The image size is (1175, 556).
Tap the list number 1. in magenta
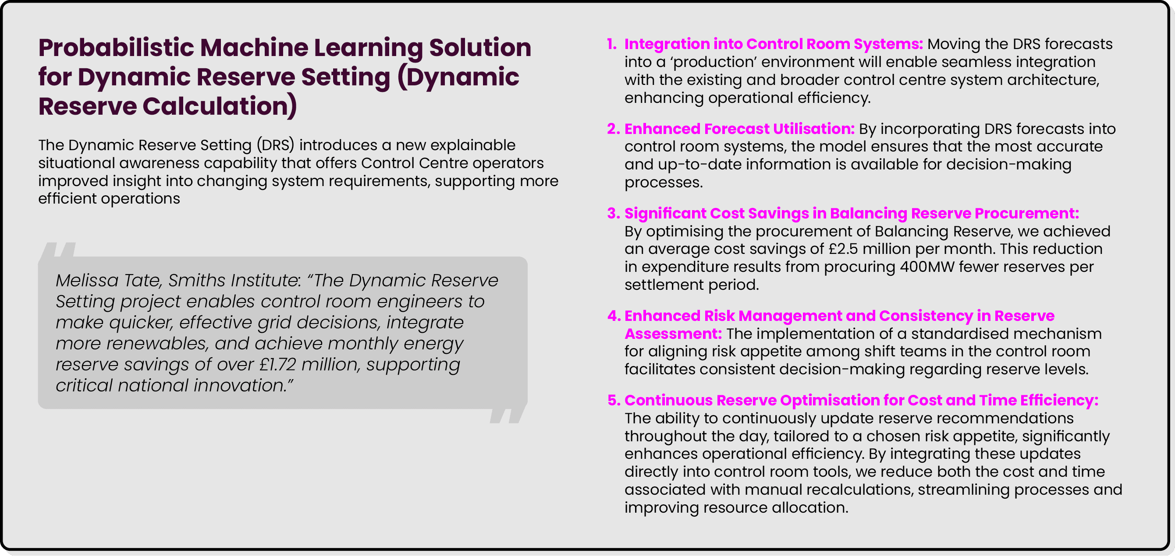612,44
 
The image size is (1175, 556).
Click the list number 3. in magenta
613,213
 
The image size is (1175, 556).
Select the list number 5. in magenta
614,400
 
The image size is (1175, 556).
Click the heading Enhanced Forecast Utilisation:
739,129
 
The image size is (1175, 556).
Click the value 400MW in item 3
927,267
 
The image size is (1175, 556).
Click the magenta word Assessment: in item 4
673,334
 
